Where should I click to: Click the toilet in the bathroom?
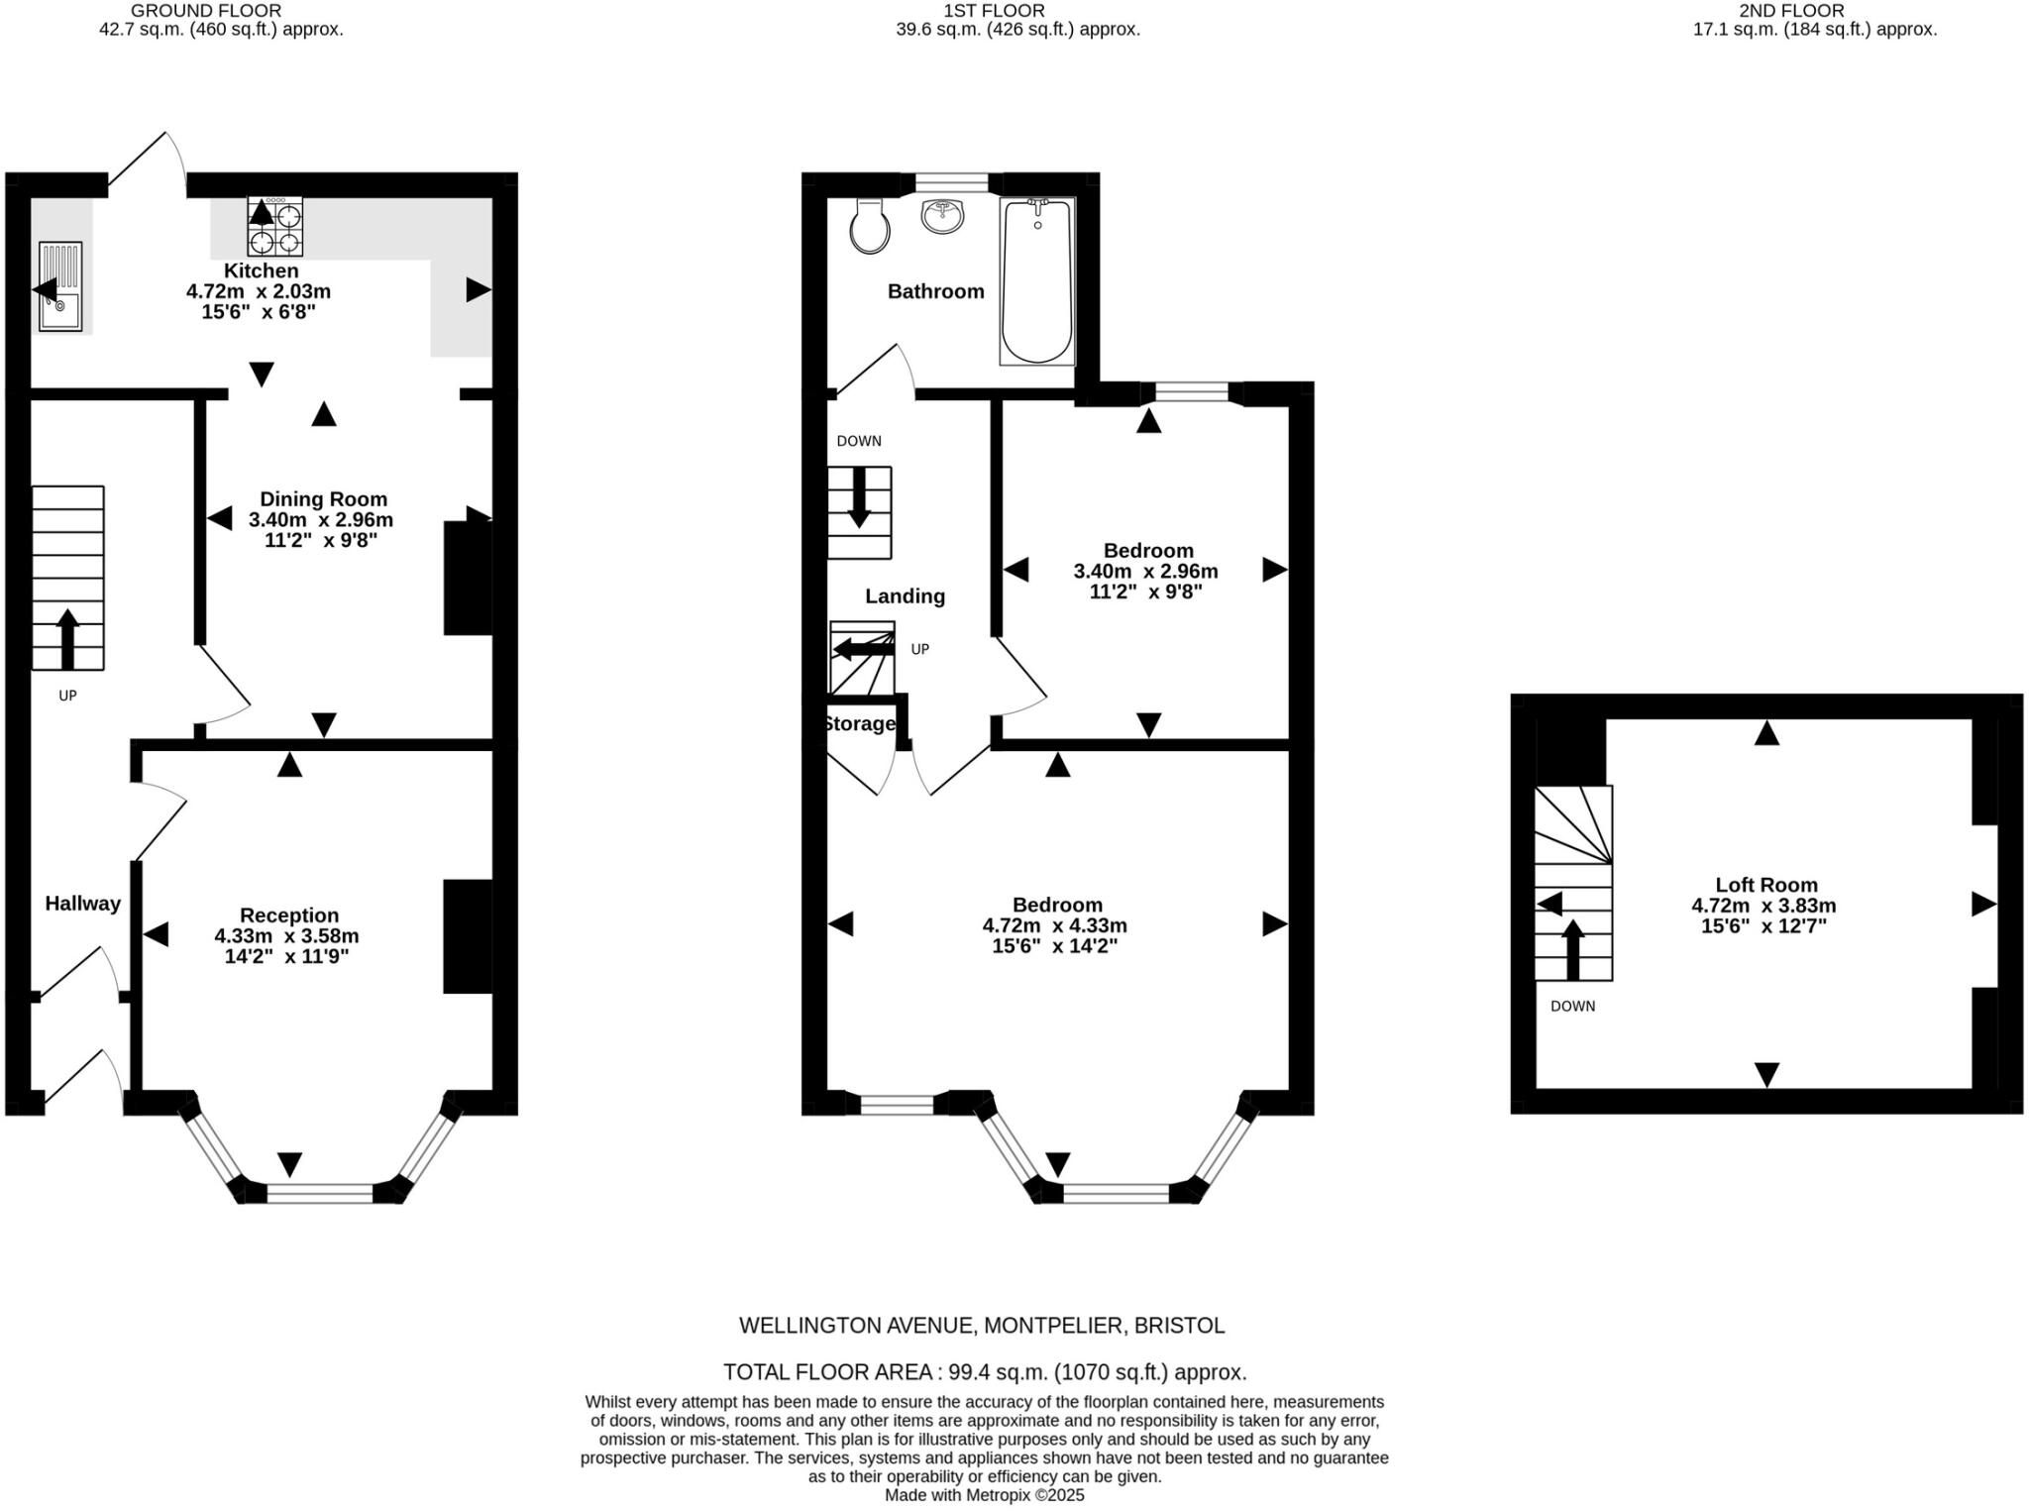click(870, 226)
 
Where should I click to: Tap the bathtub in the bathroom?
click(1037, 281)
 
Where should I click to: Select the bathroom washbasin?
click(942, 217)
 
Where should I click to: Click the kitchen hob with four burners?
click(275, 227)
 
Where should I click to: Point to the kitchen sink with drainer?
click(60, 286)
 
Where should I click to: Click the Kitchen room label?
click(261, 270)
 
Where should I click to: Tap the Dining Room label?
click(323, 499)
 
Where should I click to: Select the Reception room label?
click(289, 916)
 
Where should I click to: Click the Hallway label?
click(82, 903)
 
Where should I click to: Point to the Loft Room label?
click(1766, 885)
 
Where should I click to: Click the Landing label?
click(905, 595)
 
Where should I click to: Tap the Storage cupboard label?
click(859, 723)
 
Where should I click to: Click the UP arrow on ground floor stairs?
click(67, 639)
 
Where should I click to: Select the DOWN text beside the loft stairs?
click(1572, 1006)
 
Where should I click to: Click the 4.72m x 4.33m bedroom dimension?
click(1054, 925)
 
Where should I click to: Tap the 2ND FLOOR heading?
click(1791, 11)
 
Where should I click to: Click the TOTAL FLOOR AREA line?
click(984, 1372)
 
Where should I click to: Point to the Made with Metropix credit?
click(984, 1495)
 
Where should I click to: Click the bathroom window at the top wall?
click(951, 183)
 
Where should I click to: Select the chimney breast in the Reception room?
click(468, 935)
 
